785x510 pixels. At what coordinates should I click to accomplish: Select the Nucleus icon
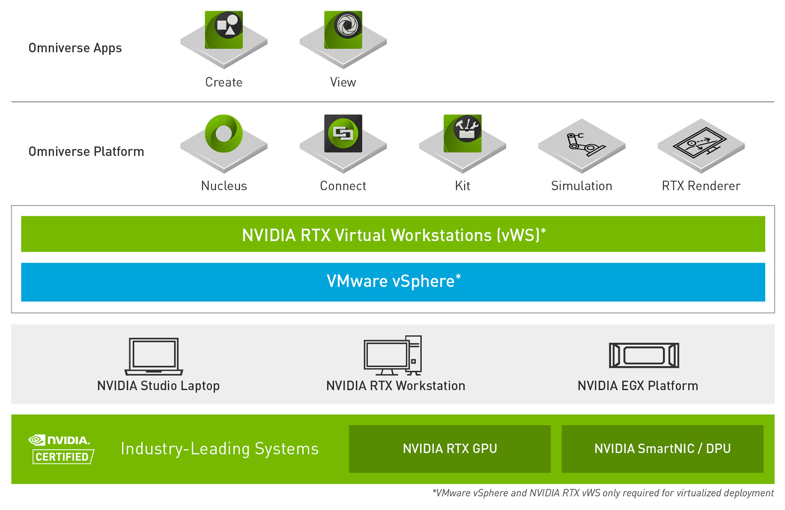[x=224, y=134]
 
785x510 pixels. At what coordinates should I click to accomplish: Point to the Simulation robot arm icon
[x=582, y=143]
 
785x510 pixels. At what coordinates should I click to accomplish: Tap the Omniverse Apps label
[x=75, y=48]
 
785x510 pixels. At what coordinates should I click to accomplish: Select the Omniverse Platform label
[x=86, y=152]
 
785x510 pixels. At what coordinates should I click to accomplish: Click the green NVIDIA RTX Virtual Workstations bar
[x=393, y=234]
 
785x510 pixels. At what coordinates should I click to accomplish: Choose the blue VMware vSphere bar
[x=393, y=282]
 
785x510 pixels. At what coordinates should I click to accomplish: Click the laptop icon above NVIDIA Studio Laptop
[x=154, y=356]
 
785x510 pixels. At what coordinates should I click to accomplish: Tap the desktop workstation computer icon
[x=393, y=355]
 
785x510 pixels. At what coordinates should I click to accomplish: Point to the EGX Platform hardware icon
[x=644, y=355]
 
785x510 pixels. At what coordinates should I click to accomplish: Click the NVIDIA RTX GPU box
[x=450, y=449]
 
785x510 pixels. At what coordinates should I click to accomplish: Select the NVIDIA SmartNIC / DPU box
[x=662, y=449]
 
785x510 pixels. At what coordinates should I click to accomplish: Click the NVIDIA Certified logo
[x=61, y=449]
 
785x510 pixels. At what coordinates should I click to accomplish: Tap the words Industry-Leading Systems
[x=220, y=449]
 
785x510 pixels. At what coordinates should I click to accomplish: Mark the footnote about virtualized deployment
[x=603, y=493]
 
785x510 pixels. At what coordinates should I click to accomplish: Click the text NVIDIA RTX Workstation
[x=396, y=386]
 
